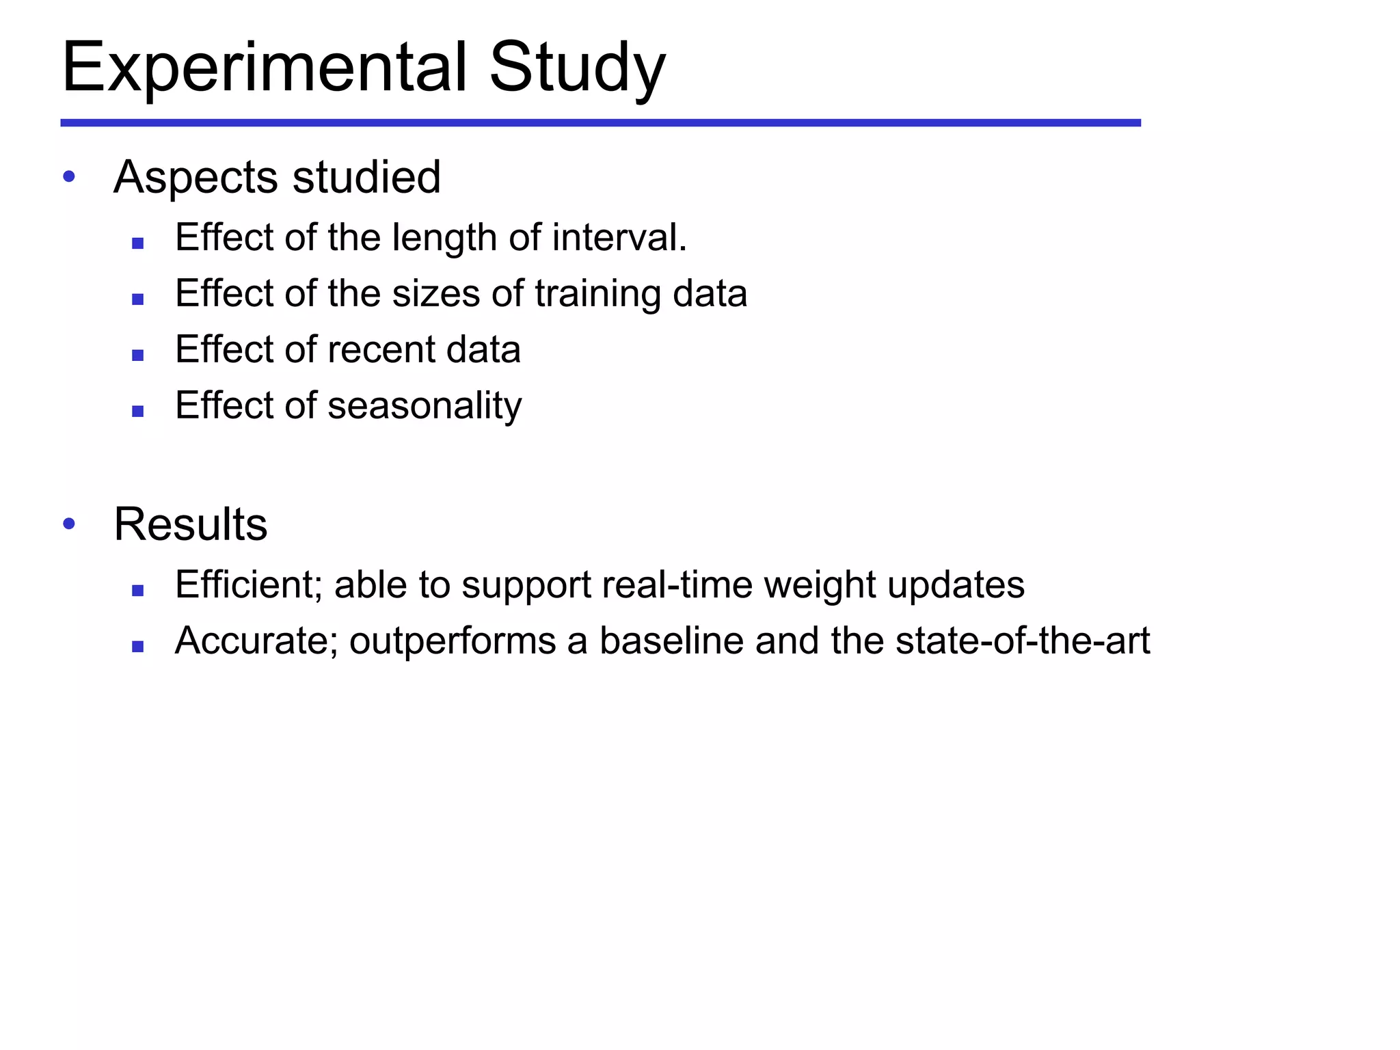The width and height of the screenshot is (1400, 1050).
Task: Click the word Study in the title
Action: click(x=577, y=68)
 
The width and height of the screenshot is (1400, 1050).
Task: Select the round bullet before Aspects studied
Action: click(x=68, y=177)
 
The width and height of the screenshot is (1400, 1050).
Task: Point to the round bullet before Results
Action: click(x=68, y=524)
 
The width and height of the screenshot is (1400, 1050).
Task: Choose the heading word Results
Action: click(x=191, y=524)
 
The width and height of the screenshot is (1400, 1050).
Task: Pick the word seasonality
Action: click(x=425, y=406)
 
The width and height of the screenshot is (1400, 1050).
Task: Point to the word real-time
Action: click(x=677, y=584)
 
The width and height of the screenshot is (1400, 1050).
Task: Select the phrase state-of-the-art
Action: click(x=1023, y=641)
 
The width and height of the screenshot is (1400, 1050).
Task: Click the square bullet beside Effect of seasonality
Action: click(x=138, y=411)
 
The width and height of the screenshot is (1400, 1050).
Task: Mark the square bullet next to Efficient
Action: click(x=138, y=590)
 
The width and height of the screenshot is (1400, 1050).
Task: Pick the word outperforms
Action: click(x=453, y=641)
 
